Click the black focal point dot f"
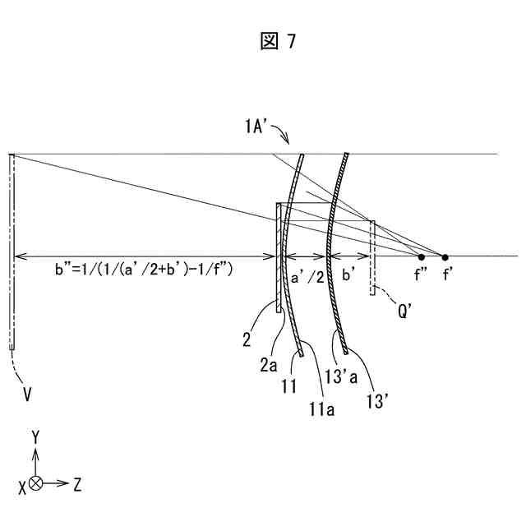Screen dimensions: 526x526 point(422,256)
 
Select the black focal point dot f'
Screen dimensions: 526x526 point(445,256)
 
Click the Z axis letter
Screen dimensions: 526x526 point(76,484)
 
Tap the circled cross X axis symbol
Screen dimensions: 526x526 point(35,484)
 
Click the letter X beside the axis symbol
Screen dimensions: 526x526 point(21,484)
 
